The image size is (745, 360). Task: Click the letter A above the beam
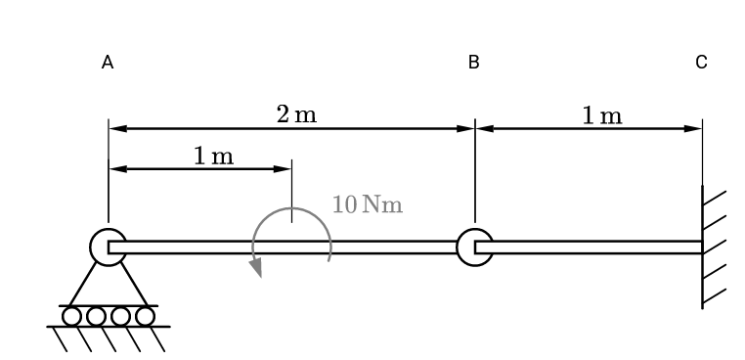[108, 63]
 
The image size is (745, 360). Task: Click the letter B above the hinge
[473, 63]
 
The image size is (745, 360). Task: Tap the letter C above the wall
[701, 63]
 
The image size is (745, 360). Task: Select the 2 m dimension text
[296, 114]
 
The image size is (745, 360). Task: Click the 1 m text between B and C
[601, 115]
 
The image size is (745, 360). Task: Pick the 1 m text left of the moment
[213, 156]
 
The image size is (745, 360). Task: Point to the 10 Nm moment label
[367, 205]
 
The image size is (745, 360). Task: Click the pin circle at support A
[108, 247]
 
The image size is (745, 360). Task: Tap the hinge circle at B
[474, 247]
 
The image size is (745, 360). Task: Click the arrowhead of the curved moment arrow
[257, 267]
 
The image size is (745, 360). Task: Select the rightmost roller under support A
[145, 316]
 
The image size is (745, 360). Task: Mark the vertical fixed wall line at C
[702, 245]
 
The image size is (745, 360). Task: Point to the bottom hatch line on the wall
[714, 293]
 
